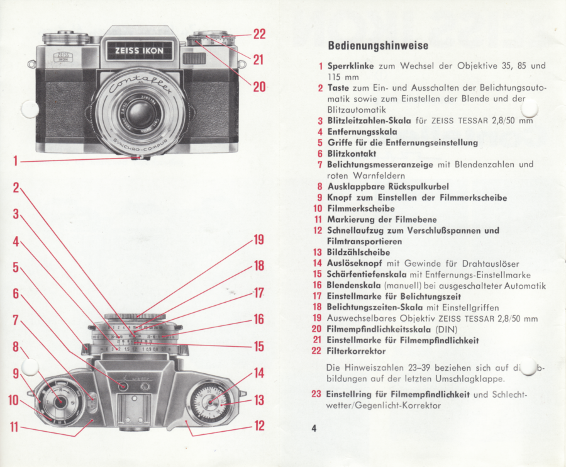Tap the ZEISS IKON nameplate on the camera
[139, 50]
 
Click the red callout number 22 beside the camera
[260, 34]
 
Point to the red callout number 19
[258, 240]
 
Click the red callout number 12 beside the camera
[258, 426]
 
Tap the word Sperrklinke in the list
[350, 65]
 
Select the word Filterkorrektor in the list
[356, 351]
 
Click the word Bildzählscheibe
[358, 252]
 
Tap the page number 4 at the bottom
[313, 429]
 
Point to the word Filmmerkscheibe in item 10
[361, 208]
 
